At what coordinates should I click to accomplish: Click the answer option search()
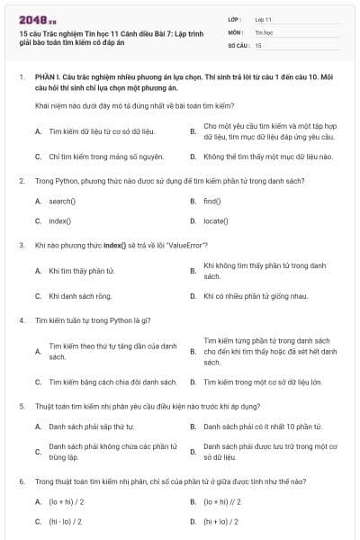click(62, 201)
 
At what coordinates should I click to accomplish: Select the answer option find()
click(212, 201)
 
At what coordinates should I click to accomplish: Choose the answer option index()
click(59, 220)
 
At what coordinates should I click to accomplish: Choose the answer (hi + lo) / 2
click(221, 521)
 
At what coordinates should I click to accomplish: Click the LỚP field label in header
click(235, 18)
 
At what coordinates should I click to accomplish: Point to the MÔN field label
click(236, 31)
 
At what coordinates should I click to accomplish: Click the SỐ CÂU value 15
click(258, 44)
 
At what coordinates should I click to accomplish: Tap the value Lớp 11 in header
click(264, 18)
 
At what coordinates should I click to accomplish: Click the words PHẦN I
click(48, 78)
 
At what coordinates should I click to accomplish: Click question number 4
click(21, 319)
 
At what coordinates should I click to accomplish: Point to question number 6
click(21, 481)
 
